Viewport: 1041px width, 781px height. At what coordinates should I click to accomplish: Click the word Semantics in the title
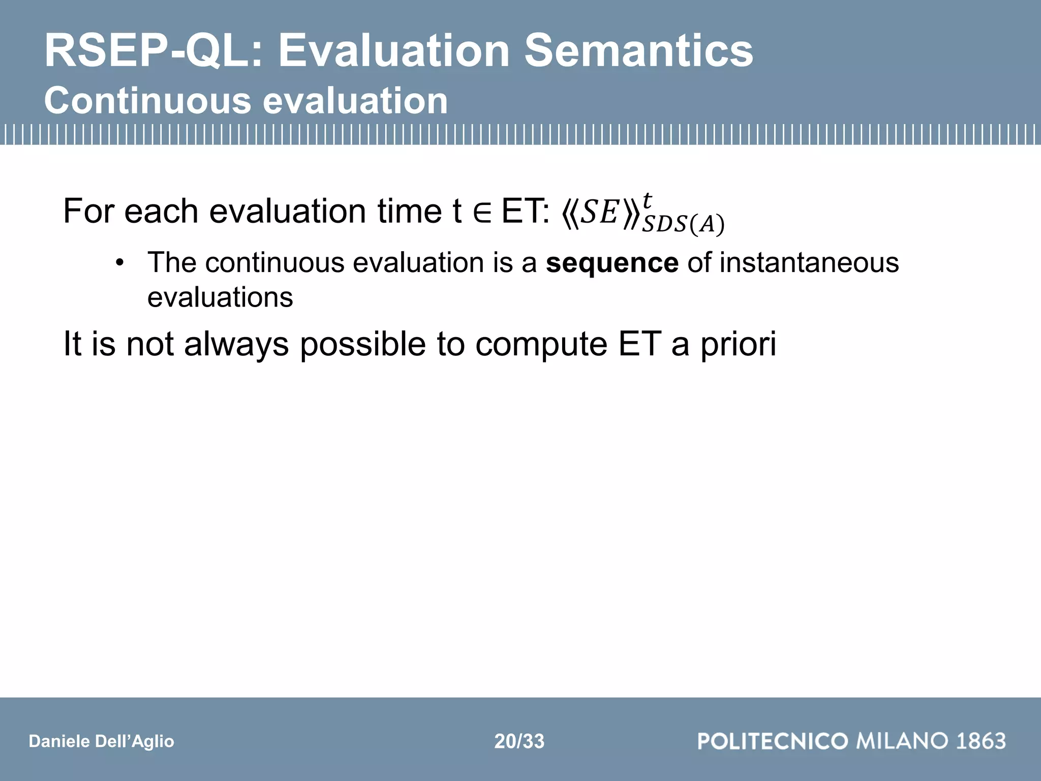[x=638, y=51]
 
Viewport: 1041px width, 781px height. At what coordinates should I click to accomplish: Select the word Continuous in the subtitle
[x=147, y=101]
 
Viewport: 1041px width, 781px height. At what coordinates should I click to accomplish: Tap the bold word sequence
[x=611, y=263]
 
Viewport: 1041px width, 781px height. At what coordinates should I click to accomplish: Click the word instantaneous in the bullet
[x=809, y=263]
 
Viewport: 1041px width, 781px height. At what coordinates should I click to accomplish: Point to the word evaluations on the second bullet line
[x=220, y=297]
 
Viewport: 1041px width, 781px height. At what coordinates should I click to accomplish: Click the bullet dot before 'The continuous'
[x=119, y=263]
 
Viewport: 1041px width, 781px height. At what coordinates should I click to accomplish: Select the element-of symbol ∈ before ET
[x=481, y=212]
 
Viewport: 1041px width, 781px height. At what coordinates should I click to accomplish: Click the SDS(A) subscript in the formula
[x=683, y=224]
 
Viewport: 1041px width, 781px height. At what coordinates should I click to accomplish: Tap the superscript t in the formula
[x=647, y=200]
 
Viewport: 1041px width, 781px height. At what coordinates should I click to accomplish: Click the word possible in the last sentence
[x=362, y=345]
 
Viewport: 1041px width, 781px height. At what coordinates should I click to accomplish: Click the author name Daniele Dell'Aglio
[x=101, y=741]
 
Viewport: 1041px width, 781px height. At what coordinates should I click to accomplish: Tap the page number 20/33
[x=519, y=741]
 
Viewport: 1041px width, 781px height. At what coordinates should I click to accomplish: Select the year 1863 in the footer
[x=981, y=741]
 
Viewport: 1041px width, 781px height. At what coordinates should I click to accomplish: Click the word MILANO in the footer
[x=902, y=741]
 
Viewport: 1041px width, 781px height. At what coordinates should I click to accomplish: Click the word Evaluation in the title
[x=393, y=51]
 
